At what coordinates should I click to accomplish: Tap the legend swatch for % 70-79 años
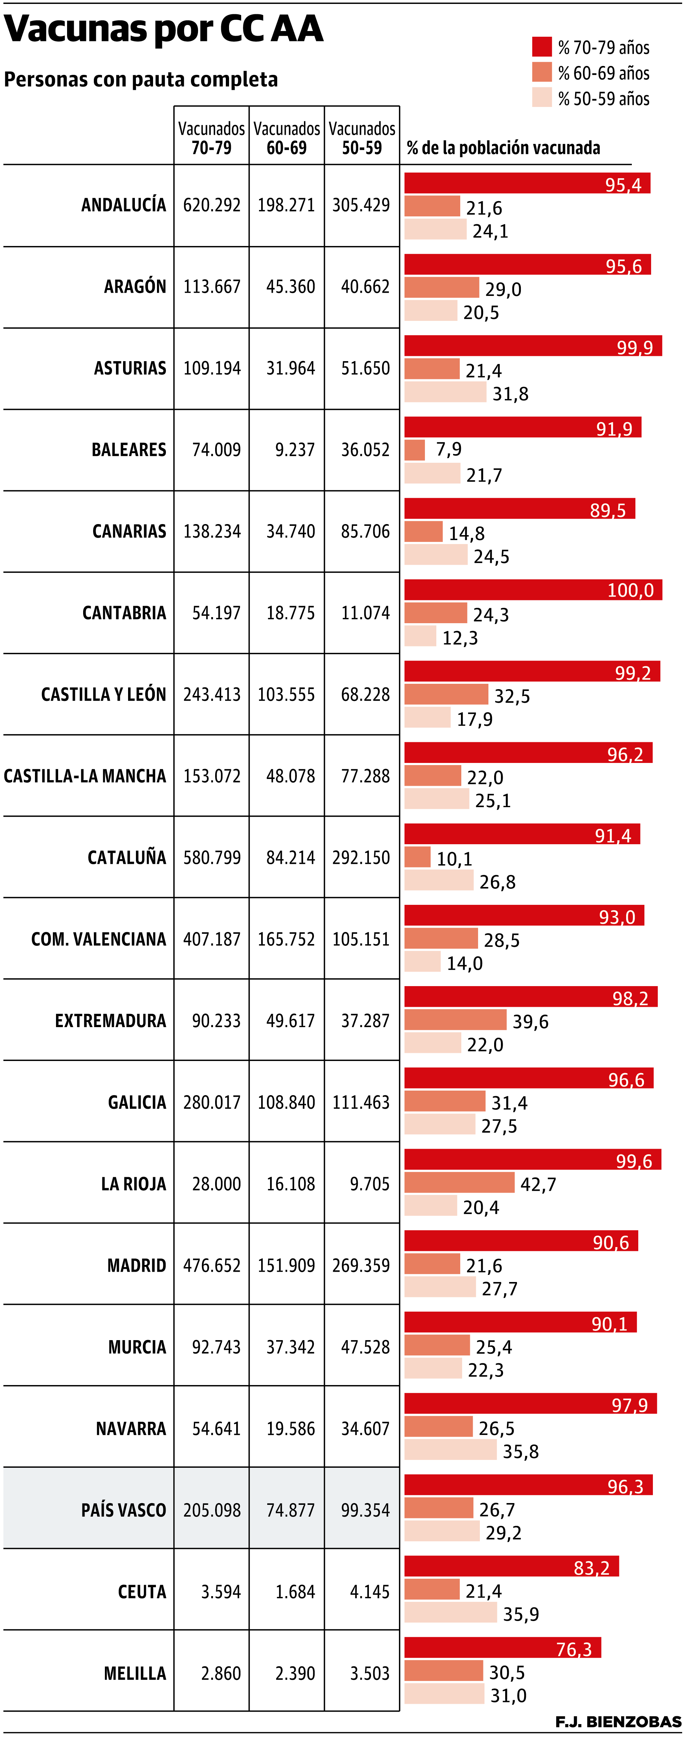click(541, 47)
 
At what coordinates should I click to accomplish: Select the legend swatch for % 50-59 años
click(541, 98)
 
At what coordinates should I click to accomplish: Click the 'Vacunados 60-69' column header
click(287, 138)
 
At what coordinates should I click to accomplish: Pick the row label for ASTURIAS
click(130, 368)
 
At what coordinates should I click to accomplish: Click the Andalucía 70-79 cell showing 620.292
click(212, 205)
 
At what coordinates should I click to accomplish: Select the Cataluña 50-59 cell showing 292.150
click(361, 857)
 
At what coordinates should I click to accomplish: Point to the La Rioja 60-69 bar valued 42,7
click(459, 1183)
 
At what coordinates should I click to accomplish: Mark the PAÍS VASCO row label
click(123, 1510)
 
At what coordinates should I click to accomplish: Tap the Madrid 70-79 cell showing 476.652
click(212, 1266)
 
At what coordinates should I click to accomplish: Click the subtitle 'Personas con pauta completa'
click(141, 80)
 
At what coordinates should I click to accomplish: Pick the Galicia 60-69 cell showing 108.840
click(286, 1102)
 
